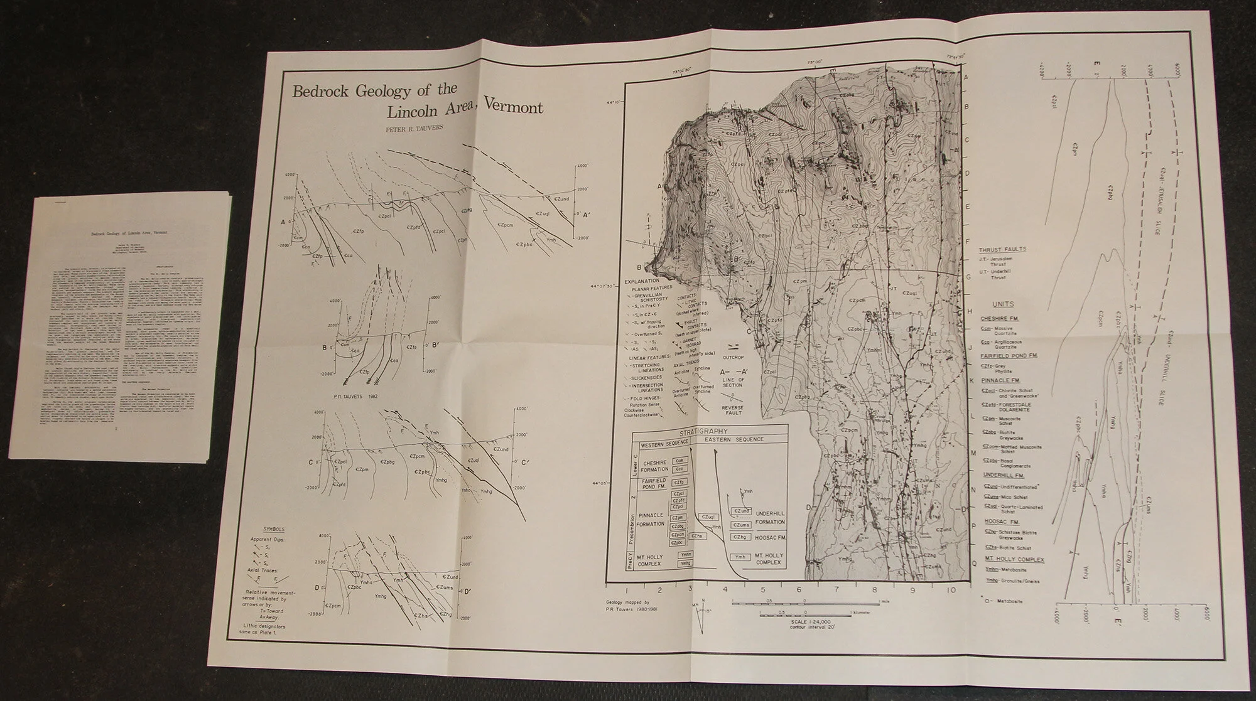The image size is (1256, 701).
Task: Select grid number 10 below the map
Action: pyautogui.click(x=952, y=590)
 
